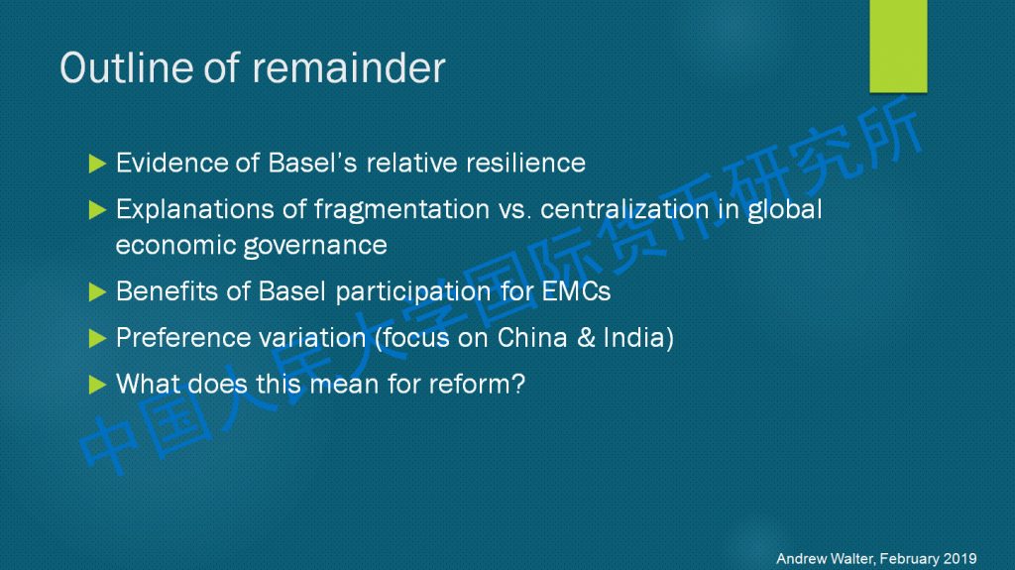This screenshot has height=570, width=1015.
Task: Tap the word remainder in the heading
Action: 348,67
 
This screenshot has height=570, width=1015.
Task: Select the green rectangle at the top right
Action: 898,46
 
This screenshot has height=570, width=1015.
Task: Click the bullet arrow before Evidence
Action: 97,164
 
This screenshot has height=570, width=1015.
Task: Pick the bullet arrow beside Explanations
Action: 97,210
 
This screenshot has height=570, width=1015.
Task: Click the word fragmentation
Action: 401,210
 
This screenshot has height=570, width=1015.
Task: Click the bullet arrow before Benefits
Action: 97,292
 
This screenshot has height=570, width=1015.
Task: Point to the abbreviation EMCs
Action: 576,291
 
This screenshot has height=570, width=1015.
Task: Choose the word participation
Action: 413,292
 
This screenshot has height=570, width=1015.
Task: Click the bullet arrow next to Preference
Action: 97,338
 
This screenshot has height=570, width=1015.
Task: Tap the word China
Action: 532,337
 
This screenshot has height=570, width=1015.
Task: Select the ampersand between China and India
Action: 586,337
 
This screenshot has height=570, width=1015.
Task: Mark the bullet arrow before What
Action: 97,385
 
